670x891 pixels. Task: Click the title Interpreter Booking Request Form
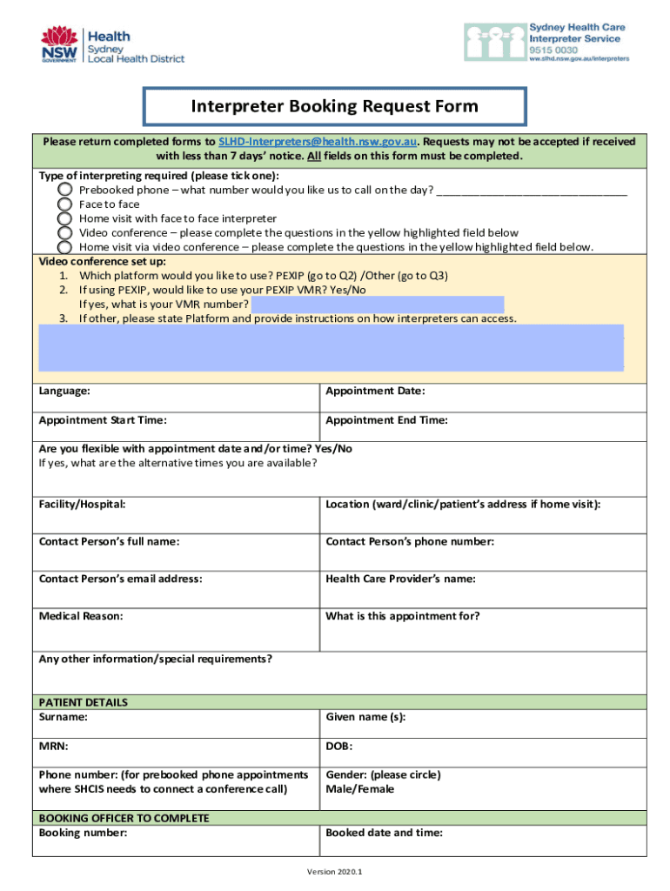(x=335, y=107)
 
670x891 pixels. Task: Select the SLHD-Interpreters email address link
(x=318, y=141)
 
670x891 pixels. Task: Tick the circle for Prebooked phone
(x=65, y=190)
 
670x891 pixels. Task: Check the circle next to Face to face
(x=65, y=204)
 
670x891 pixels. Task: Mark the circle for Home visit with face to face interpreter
(x=65, y=218)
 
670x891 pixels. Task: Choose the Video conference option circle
(x=65, y=233)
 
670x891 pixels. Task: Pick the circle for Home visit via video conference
(x=65, y=247)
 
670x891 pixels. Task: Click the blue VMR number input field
(x=377, y=304)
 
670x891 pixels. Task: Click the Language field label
(x=64, y=392)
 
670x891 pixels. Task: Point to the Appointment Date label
(x=375, y=392)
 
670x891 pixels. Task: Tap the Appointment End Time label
(x=386, y=420)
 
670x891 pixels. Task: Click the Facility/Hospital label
(x=82, y=505)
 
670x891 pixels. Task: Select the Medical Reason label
(x=81, y=616)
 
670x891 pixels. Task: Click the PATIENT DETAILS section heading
(x=84, y=702)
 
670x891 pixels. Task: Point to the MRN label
(x=53, y=747)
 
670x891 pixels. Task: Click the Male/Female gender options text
(x=359, y=789)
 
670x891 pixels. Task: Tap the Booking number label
(x=84, y=833)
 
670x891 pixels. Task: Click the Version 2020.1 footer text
(x=335, y=871)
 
